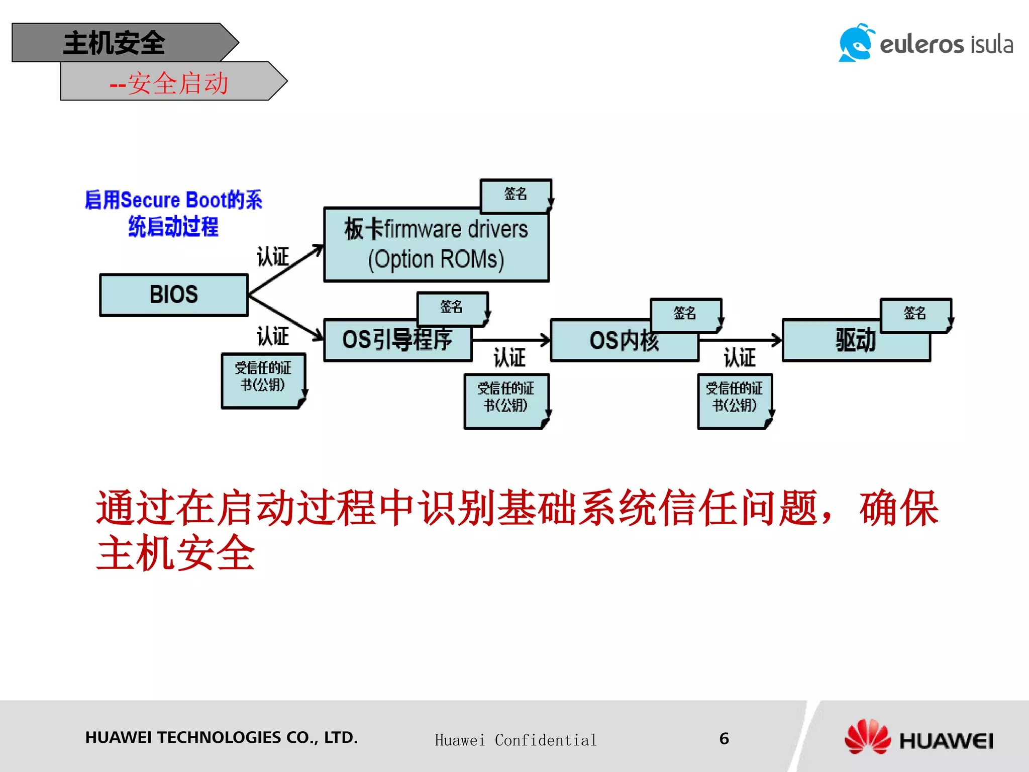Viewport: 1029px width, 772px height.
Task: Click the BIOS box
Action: click(174, 295)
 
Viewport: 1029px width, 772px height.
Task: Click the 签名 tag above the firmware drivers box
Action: click(516, 195)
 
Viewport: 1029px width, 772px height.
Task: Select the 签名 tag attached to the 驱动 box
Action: click(914, 314)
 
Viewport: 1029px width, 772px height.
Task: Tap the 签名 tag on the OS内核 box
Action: click(685, 314)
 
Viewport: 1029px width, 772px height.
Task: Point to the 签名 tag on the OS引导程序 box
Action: click(451, 308)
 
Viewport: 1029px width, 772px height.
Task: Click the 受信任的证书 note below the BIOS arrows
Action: click(263, 379)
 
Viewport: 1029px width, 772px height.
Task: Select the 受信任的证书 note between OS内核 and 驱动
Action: click(734, 400)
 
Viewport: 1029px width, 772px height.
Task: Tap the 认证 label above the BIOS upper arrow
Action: click(273, 257)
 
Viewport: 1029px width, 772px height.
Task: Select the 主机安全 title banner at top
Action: click(115, 43)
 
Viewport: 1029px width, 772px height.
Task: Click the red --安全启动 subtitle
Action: click(169, 83)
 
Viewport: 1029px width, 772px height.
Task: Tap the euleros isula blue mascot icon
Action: click(856, 43)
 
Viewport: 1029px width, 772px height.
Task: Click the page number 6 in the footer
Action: click(724, 738)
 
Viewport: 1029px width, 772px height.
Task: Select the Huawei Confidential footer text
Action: click(516, 740)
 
